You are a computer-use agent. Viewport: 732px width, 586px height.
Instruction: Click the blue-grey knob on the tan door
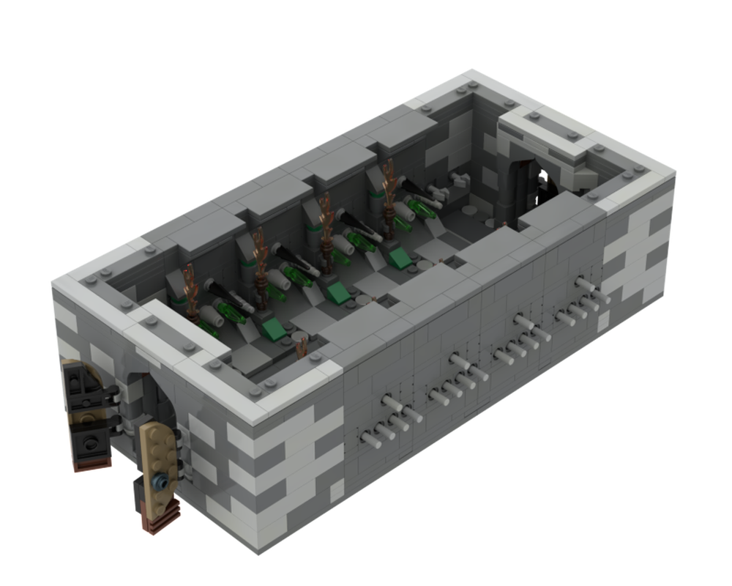pyautogui.click(x=160, y=481)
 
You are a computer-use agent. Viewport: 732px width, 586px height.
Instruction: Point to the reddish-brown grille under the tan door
pyautogui.click(x=154, y=522)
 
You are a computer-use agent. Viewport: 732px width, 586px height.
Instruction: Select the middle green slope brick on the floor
pyautogui.click(x=338, y=292)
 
